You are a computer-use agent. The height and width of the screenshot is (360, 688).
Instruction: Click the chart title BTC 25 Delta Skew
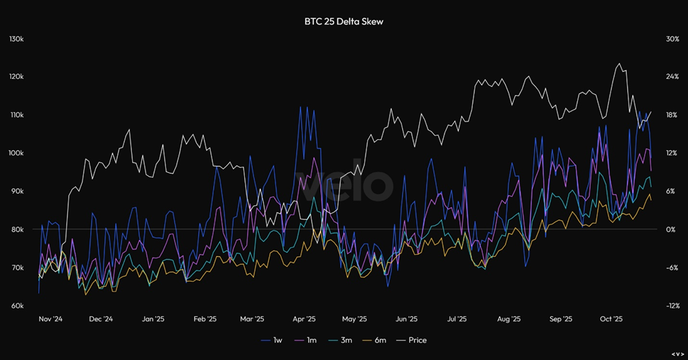(x=343, y=22)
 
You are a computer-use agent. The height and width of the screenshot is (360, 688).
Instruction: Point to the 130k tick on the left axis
(x=16, y=39)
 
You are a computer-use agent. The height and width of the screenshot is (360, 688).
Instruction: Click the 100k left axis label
(x=16, y=153)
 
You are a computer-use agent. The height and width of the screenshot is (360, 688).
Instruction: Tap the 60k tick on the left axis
(x=17, y=306)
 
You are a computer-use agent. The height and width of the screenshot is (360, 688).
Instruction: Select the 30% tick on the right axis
(x=672, y=39)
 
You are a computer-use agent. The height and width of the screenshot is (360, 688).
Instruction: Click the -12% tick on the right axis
(x=672, y=306)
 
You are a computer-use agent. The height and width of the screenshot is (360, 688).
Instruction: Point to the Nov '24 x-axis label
(x=51, y=319)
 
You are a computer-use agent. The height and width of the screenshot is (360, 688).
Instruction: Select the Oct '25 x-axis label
(x=612, y=319)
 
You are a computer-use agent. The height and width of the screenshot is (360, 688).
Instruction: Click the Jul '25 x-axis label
(x=457, y=319)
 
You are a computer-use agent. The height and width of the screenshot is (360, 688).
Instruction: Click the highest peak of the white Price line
(x=619, y=64)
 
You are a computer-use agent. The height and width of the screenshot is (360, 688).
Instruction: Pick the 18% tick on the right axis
(x=672, y=115)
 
